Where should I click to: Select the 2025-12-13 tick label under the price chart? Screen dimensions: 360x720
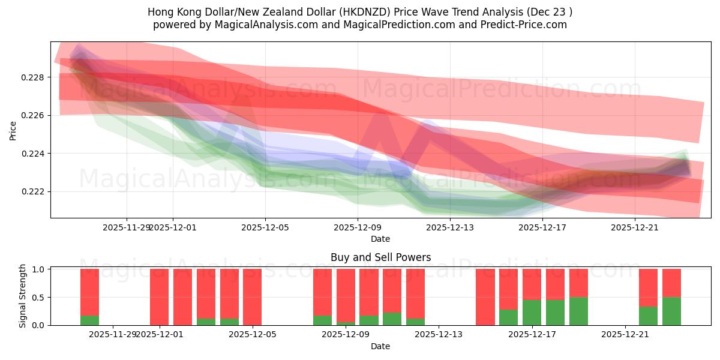pos(450,227)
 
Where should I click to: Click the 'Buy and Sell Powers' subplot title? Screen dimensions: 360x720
pos(380,257)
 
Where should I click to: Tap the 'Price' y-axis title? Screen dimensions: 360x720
pos(13,130)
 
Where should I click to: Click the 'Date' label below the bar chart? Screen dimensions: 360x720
pos(380,346)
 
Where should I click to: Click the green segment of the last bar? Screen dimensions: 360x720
pos(671,311)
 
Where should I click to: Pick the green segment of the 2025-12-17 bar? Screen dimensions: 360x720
pos(532,313)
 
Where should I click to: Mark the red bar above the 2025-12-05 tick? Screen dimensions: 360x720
pos(252,297)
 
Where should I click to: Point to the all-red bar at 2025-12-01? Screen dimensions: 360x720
pos(159,297)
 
